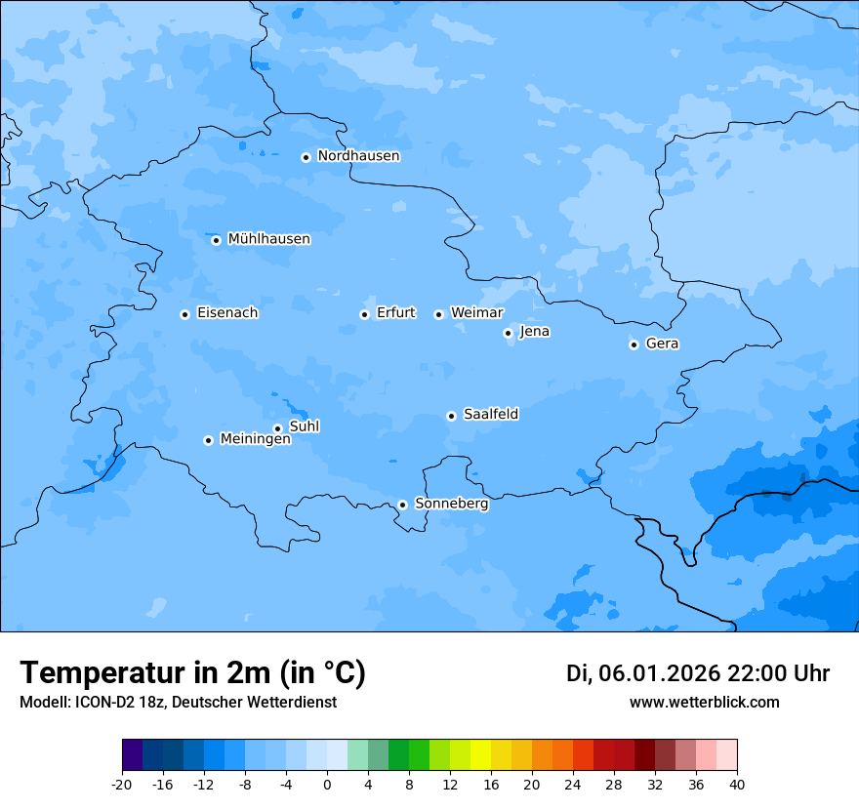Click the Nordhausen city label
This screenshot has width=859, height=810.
click(x=358, y=156)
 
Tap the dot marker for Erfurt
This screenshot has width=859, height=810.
click(x=364, y=314)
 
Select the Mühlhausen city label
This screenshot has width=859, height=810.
click(x=268, y=239)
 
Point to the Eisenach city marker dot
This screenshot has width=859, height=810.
click(x=184, y=314)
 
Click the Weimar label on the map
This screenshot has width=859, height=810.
click(x=476, y=313)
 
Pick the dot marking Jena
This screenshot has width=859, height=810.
click(x=508, y=333)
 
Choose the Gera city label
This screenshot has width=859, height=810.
click(x=662, y=344)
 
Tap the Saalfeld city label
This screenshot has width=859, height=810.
click(x=491, y=415)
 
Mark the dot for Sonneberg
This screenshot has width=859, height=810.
click(x=402, y=505)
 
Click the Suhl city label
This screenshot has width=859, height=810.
click(x=305, y=426)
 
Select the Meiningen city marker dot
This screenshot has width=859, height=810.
click(x=208, y=440)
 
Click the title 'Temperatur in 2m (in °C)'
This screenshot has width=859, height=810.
click(x=192, y=673)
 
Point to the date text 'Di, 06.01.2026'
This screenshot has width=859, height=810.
click(x=642, y=673)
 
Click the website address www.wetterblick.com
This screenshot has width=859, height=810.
click(x=704, y=702)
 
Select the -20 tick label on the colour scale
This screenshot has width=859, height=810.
click(x=121, y=785)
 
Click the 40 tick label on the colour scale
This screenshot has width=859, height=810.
click(x=736, y=785)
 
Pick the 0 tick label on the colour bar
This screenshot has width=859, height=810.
click(x=326, y=785)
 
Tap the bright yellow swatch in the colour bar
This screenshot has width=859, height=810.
click(x=480, y=755)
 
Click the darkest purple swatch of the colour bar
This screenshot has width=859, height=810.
click(x=132, y=755)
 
